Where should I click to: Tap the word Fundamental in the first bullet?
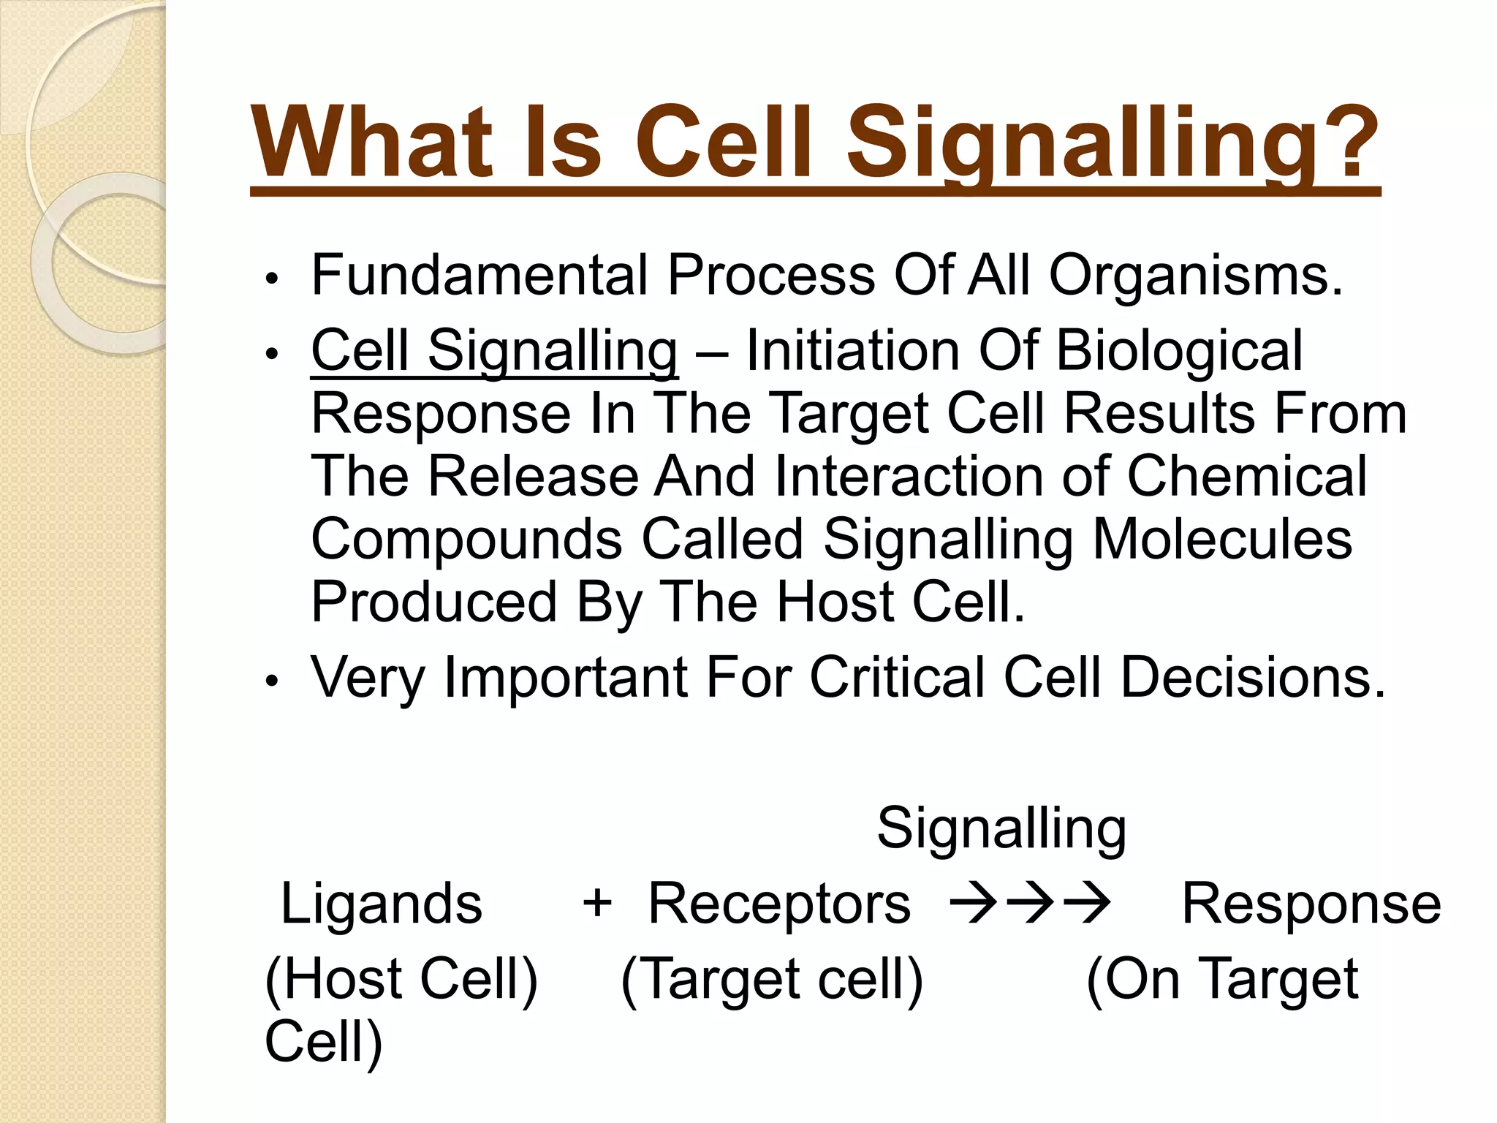click(x=480, y=276)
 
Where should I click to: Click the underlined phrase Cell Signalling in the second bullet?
click(x=494, y=352)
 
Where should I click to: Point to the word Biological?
click(x=1179, y=350)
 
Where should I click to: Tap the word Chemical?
click(x=1246, y=476)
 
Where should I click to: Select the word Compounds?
click(x=466, y=540)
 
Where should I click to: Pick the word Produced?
click(x=434, y=602)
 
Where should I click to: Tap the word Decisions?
click(x=1252, y=677)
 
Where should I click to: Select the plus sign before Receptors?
click(x=596, y=902)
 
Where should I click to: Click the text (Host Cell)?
click(x=401, y=978)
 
